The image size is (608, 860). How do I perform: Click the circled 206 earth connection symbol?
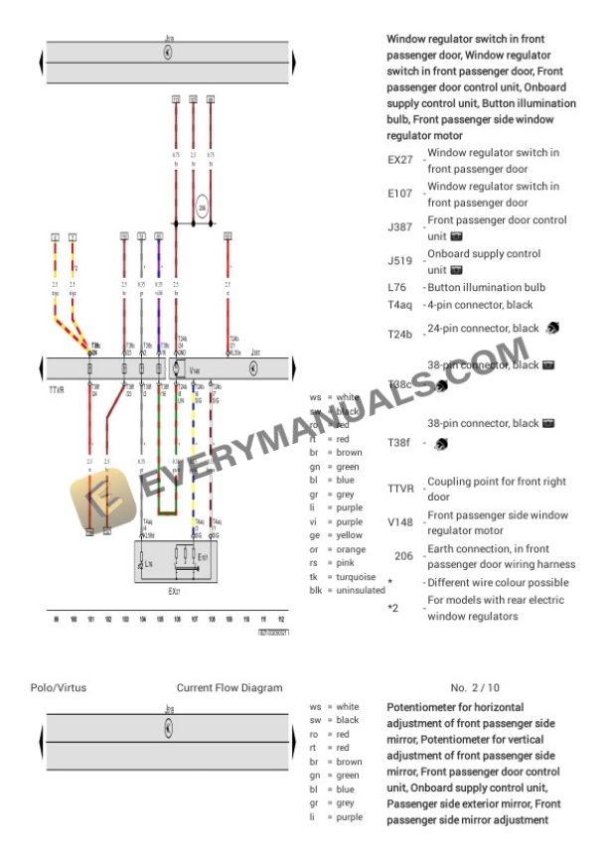[x=203, y=208]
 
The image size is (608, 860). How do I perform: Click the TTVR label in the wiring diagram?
[x=57, y=390]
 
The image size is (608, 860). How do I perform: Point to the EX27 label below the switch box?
[x=174, y=591]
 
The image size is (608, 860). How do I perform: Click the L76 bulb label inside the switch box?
[x=148, y=562]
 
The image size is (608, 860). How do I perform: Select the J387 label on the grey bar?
[x=256, y=353]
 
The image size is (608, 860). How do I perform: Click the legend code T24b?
[x=399, y=335]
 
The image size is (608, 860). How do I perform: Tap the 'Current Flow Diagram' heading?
[x=228, y=686]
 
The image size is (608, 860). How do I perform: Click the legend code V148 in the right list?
[x=399, y=522]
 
